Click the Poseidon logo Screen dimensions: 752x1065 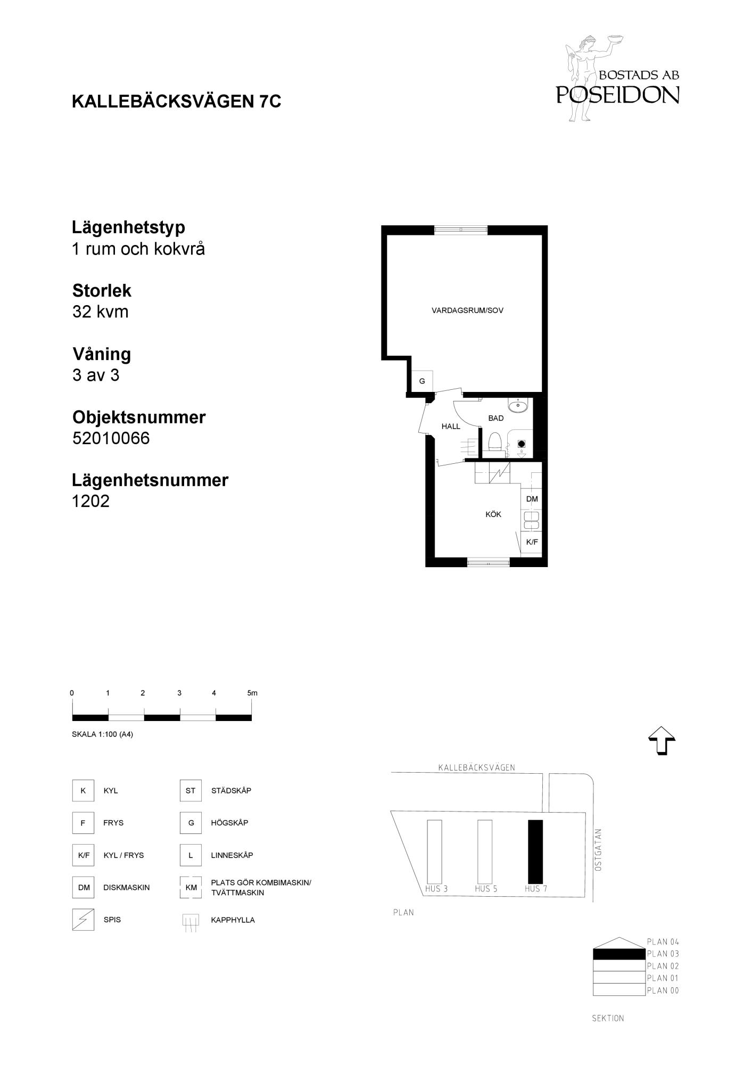tap(617, 79)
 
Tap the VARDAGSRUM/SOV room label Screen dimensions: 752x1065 tap(467, 310)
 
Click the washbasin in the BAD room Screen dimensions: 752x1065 tap(517, 406)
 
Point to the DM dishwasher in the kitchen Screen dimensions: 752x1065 tap(532, 499)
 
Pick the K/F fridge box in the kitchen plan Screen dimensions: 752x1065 tap(532, 542)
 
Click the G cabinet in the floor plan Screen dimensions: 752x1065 tap(422, 381)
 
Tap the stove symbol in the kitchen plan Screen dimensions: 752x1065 tap(500, 472)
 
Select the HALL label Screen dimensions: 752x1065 tap(451, 426)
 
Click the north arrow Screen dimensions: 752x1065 tap(662, 741)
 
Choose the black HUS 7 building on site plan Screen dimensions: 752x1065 tap(535, 851)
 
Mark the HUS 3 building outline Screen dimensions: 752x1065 tap(434, 851)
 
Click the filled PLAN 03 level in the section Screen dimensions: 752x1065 tap(619, 954)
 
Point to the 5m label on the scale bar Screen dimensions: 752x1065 tap(252, 693)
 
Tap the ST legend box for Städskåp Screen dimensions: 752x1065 tap(191, 791)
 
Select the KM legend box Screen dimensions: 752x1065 tap(191, 888)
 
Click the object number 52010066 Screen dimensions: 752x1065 tap(111, 438)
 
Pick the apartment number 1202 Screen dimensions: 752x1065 tap(91, 501)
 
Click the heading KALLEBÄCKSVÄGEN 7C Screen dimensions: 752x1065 tap(176, 101)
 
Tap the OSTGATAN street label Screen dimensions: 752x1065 tap(598, 850)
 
